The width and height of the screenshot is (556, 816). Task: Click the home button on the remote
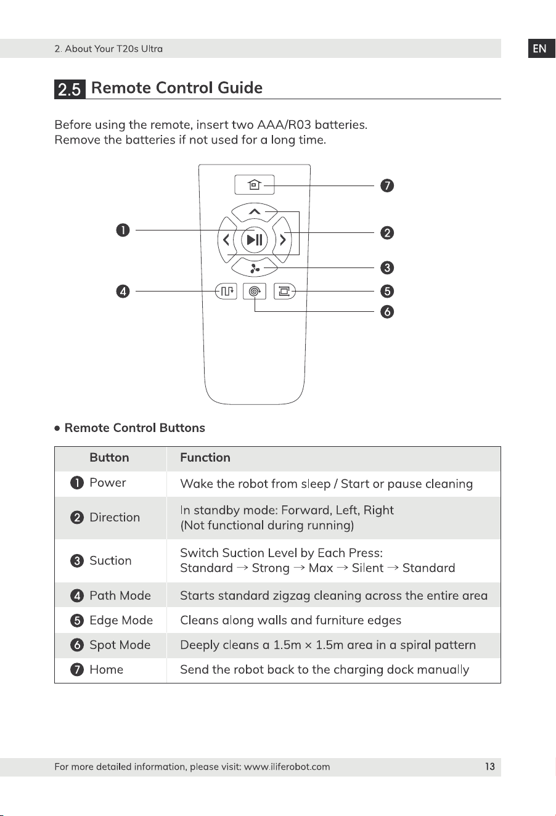(x=255, y=185)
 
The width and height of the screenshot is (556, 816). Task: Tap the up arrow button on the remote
(x=255, y=211)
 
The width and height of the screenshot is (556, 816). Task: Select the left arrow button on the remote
(x=226, y=240)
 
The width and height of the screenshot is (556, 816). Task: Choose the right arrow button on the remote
(x=282, y=240)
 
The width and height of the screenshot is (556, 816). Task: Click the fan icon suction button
(x=255, y=268)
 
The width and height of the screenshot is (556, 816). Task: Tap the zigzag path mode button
(x=226, y=292)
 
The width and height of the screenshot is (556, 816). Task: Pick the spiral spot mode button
(x=255, y=292)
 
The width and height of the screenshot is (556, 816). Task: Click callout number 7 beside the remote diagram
(x=387, y=186)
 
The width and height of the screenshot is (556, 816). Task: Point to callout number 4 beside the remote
(x=123, y=292)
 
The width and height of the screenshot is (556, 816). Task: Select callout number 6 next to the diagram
(x=387, y=312)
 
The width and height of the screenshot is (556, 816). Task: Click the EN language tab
(x=541, y=49)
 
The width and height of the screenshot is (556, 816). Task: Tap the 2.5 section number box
(x=70, y=89)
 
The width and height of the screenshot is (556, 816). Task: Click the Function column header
(x=205, y=457)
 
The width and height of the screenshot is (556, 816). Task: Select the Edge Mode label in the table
(x=121, y=621)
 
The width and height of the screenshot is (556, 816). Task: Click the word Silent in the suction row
(x=367, y=568)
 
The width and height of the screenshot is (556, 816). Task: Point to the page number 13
(x=489, y=767)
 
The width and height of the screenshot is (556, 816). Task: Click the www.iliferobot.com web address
(x=287, y=767)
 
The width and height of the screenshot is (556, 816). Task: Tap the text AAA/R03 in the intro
(x=284, y=124)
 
